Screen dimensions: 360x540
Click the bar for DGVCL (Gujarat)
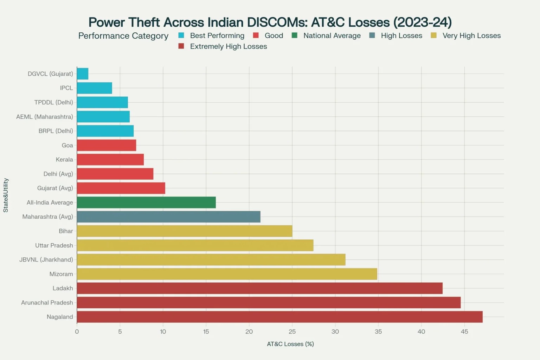click(x=83, y=74)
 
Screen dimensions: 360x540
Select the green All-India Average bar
click(x=146, y=202)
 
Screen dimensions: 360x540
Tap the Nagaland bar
click(x=279, y=317)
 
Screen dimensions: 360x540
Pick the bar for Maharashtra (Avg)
click(x=168, y=217)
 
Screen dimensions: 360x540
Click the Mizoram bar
click(x=227, y=274)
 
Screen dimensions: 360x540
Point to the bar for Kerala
click(x=110, y=160)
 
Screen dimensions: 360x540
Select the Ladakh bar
click(x=259, y=288)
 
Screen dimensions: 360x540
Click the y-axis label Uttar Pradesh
click(x=54, y=245)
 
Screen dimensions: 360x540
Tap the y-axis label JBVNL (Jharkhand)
click(x=46, y=259)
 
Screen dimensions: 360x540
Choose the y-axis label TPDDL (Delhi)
click(x=53, y=102)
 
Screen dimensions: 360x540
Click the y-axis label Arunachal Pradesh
click(x=47, y=302)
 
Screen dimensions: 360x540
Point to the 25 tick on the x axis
click(x=292, y=332)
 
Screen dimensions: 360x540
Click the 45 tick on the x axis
click(x=464, y=332)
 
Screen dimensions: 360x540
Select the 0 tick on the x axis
click(x=77, y=332)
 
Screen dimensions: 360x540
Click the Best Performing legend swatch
click(x=181, y=36)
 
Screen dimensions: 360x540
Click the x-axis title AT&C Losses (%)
click(x=290, y=344)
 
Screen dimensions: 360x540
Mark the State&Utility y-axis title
click(x=6, y=195)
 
